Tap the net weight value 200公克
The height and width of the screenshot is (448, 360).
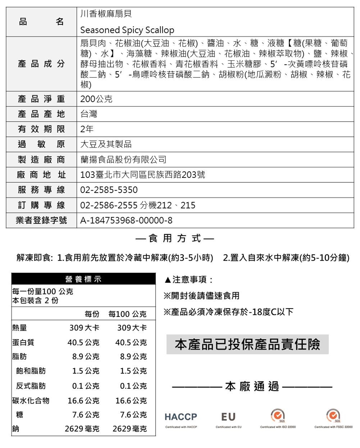[x=96, y=99]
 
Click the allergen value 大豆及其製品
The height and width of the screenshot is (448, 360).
[x=106, y=144]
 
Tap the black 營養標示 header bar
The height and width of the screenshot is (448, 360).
[x=83, y=279]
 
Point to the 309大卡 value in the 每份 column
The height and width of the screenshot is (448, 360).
[x=84, y=329]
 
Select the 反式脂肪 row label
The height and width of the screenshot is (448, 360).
[x=31, y=386]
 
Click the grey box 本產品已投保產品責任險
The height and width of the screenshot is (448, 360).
[x=247, y=344]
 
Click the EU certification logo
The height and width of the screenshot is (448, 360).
[x=228, y=417]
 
